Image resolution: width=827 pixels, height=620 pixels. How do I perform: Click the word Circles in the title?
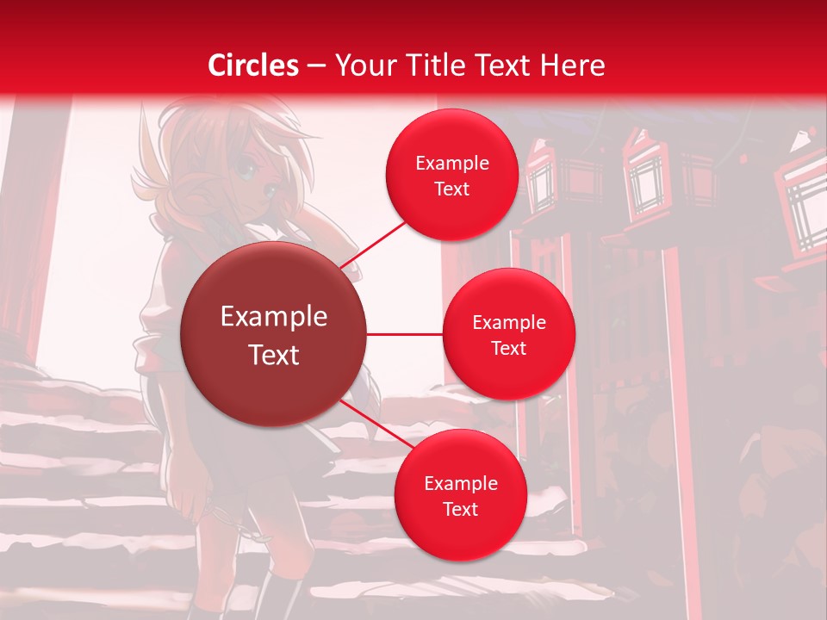(x=252, y=65)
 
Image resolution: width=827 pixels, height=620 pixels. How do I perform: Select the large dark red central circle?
(x=274, y=335)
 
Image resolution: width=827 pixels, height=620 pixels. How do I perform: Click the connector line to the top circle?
(x=376, y=243)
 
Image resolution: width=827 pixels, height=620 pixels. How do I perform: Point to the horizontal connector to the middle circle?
(x=404, y=334)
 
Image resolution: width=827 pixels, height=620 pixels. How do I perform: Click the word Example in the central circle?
(x=274, y=317)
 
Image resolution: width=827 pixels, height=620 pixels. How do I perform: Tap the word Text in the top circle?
(x=451, y=189)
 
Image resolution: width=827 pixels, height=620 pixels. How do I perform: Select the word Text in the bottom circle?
(x=460, y=510)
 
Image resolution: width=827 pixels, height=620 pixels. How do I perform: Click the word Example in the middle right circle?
(x=508, y=323)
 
